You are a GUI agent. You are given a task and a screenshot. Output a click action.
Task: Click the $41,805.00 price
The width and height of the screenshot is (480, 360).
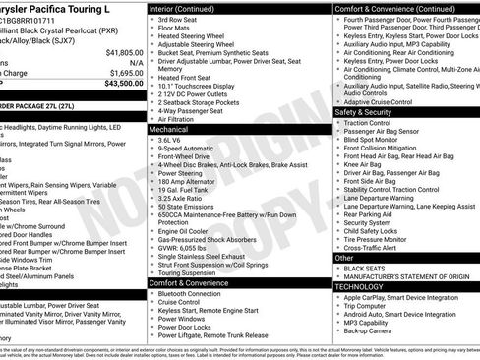coord(124,52)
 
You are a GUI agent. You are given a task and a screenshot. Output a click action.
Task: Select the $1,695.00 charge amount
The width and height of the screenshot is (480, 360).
coord(126,73)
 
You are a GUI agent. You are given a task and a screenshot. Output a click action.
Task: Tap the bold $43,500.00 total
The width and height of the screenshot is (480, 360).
coord(122,84)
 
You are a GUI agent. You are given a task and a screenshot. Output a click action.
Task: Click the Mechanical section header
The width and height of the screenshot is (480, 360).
coord(169,129)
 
